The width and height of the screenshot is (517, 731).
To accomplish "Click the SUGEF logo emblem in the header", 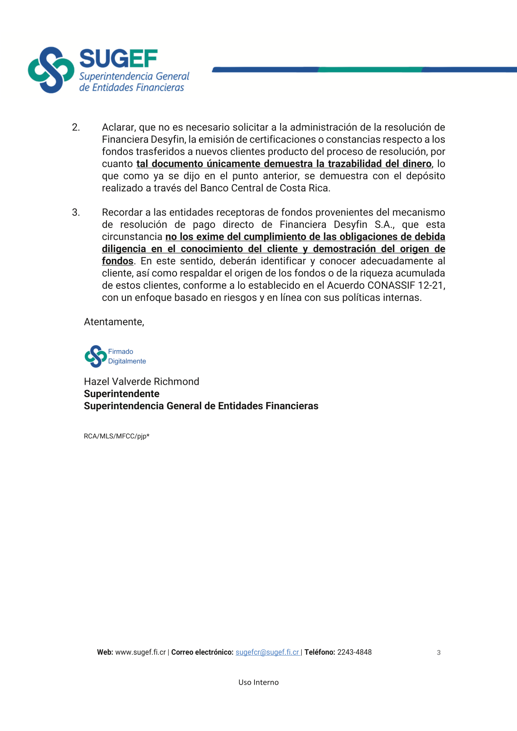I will coord(51,70).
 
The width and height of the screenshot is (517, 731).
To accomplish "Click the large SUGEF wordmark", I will coord(119,59).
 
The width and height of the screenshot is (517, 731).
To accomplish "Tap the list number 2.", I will coord(76,128).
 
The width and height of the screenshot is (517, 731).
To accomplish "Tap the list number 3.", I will coord(76,213).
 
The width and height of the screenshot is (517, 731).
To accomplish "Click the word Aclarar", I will coord(119,128).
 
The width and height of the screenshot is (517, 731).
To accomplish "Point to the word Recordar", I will coord(122,213).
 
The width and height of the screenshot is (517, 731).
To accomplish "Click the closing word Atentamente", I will coord(114,322).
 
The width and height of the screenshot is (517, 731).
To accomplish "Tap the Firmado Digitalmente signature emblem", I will coord(96,356).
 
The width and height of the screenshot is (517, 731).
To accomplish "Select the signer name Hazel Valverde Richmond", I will coord(141,382).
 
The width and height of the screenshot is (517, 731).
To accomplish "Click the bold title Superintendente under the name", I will coord(121,394).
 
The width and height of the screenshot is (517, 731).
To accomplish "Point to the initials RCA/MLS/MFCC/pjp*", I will coord(116,436).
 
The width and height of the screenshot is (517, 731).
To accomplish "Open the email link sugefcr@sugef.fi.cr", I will coord(267,652).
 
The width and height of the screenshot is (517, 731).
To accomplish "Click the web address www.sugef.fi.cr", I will coord(140,652).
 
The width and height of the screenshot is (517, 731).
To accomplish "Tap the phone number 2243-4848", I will coord(354,652).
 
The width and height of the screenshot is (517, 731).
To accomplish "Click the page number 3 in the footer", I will coord(439,653).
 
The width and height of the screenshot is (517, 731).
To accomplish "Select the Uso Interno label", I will coord(258,682).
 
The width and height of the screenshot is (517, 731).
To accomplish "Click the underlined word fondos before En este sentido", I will coord(118,261).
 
